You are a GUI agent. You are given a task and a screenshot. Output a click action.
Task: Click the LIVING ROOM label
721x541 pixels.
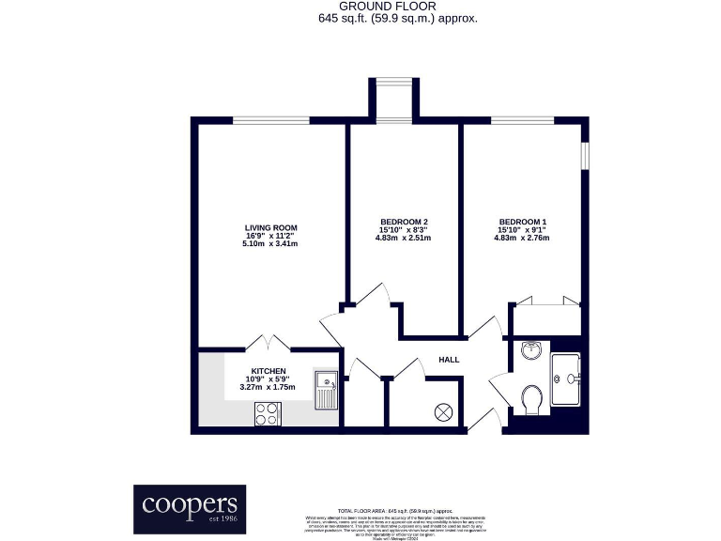270,227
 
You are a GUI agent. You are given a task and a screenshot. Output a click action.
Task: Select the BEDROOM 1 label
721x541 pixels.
522,222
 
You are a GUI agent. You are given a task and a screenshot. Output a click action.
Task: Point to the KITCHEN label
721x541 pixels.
268,371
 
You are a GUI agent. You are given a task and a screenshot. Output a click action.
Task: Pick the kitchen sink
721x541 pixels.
327,387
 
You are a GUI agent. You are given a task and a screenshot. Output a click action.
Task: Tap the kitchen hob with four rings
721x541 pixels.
267,414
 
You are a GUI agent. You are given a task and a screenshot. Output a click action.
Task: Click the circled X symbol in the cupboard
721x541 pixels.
443,410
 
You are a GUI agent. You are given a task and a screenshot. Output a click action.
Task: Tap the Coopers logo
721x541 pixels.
189,508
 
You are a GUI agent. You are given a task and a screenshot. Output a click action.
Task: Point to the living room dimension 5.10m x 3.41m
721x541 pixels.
270,244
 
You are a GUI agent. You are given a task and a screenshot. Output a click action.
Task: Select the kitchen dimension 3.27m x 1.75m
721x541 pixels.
268,387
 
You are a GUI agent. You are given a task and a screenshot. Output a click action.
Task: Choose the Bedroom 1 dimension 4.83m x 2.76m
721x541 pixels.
522,238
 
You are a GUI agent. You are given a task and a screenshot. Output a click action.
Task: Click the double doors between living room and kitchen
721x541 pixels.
268,343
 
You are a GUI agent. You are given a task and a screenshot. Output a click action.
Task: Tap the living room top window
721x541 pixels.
271,120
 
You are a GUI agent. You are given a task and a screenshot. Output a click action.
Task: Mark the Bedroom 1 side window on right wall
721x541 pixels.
585,154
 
